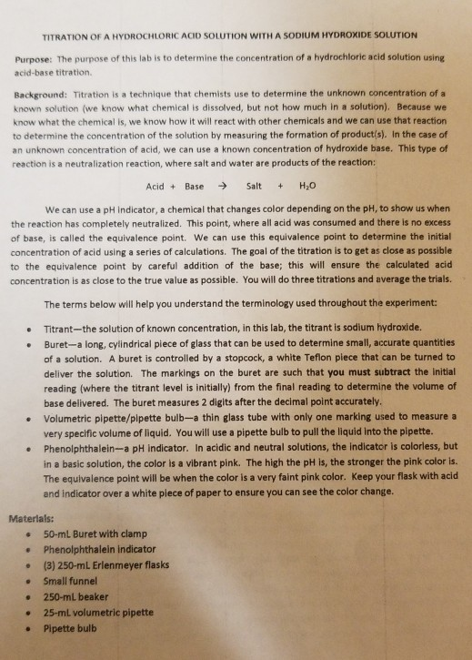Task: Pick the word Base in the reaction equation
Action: (x=194, y=185)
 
